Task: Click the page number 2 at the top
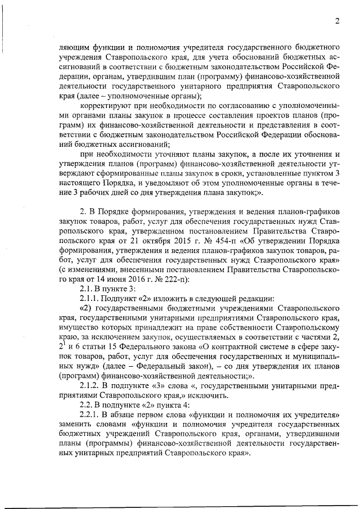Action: [x=336, y=21]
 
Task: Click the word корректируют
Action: [x=106, y=106]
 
